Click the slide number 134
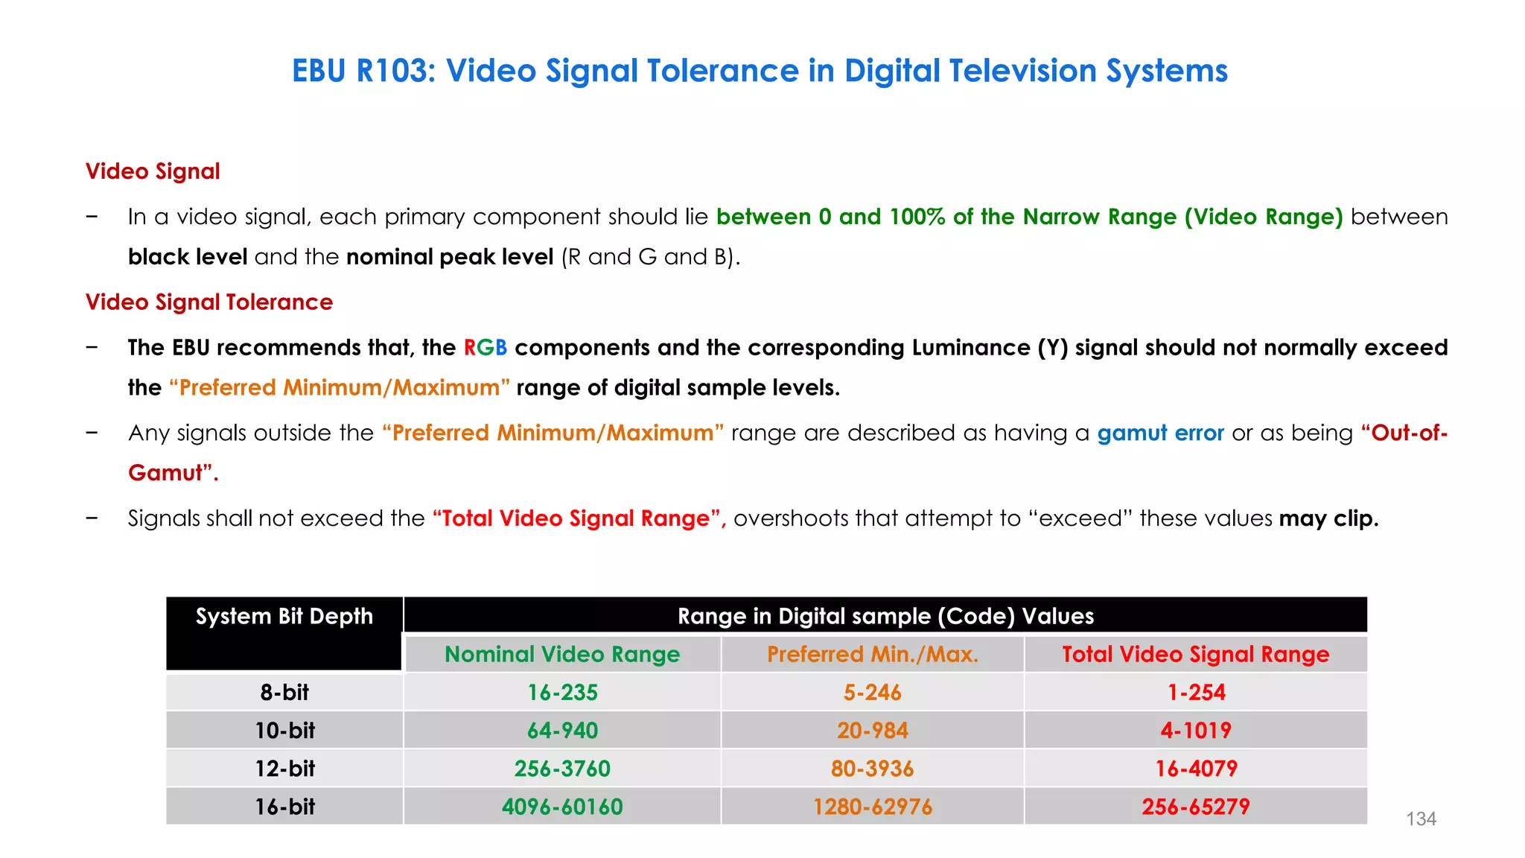pos(1420,819)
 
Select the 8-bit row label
pos(284,692)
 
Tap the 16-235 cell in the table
pos(562,692)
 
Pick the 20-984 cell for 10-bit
pos(872,730)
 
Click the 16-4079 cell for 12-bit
pos(1196,768)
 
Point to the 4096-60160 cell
pos(562,806)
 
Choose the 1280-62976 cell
pos(872,806)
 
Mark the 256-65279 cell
pos(1196,806)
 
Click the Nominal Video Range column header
pos(562,654)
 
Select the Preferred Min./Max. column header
pos(872,654)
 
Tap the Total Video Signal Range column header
pos(1196,654)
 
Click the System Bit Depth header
pos(284,617)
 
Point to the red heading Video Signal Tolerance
pos(209,302)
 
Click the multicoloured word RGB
pos(485,348)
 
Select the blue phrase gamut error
pos(1160,433)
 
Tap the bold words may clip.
pos(1328,518)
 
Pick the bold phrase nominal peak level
pos(450,257)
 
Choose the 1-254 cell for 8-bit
pos(1196,692)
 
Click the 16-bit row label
pos(284,806)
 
